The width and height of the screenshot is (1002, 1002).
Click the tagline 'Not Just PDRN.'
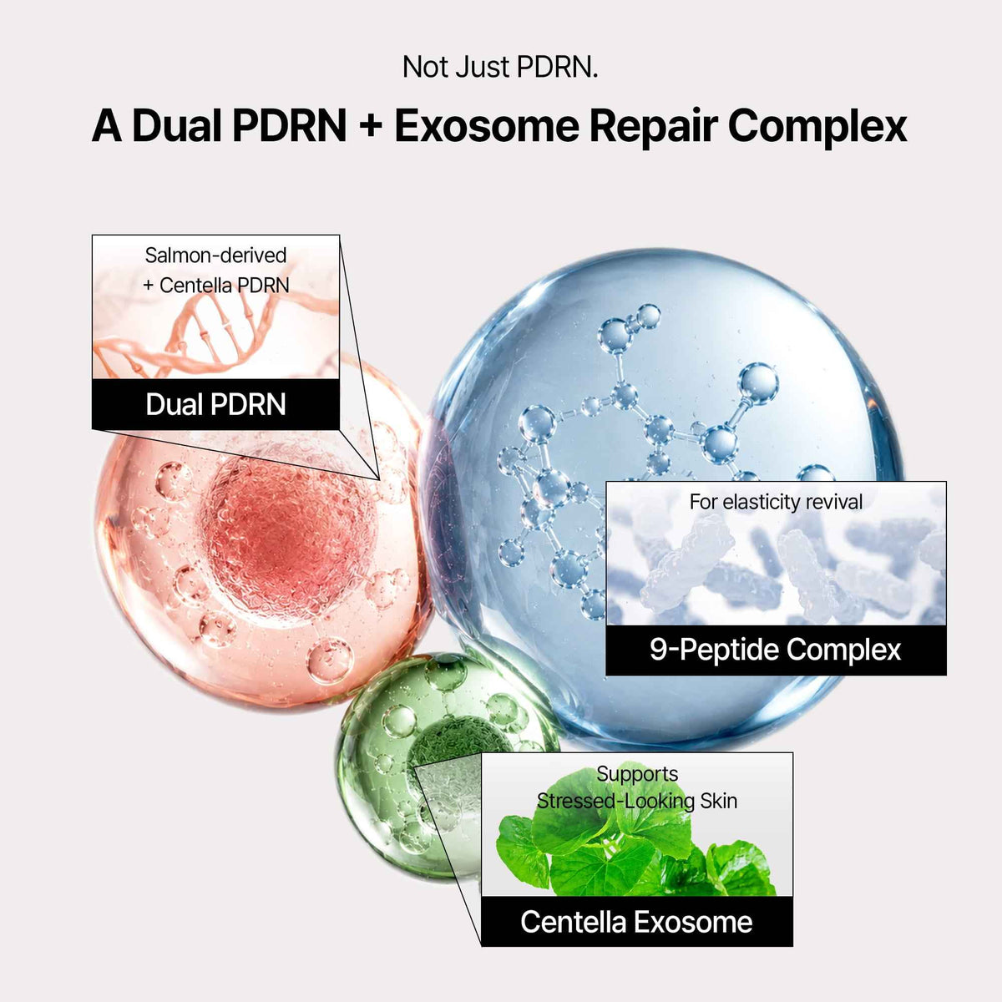(x=500, y=68)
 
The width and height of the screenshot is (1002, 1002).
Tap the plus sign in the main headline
(x=370, y=126)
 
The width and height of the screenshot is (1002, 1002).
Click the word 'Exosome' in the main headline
(x=486, y=126)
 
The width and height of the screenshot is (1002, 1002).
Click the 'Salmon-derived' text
(x=215, y=256)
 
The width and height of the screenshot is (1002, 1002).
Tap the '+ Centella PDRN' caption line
(x=215, y=286)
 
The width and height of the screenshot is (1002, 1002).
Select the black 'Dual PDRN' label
(x=215, y=404)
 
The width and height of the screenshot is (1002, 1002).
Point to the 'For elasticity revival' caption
(x=776, y=503)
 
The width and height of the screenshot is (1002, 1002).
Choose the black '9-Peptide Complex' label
(x=776, y=650)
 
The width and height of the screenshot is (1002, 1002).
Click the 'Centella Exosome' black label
(x=637, y=922)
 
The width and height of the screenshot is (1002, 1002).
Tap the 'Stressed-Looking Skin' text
(x=637, y=802)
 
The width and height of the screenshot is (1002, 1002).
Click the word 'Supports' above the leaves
(x=637, y=774)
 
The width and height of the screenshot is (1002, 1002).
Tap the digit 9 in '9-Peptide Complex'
(x=659, y=650)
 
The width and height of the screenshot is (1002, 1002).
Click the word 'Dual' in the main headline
(x=178, y=126)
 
